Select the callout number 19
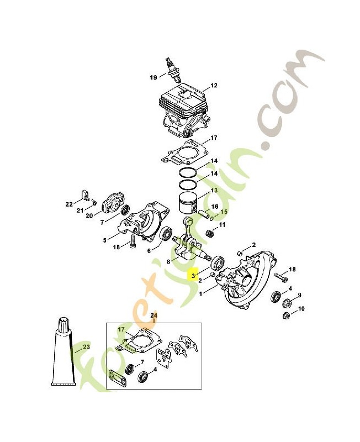click(x=153, y=77)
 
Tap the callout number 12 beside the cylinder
click(x=214, y=85)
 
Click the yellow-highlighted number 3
click(x=193, y=275)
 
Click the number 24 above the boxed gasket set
click(x=154, y=315)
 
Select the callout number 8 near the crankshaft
click(x=168, y=262)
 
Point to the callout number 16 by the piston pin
click(x=215, y=207)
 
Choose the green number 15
click(x=224, y=212)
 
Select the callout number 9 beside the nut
click(x=299, y=295)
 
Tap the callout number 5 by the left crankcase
click(x=104, y=240)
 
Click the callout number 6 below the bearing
click(x=149, y=250)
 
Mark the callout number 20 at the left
click(x=89, y=215)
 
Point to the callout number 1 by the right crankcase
click(x=200, y=294)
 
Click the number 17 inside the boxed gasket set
click(x=121, y=329)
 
